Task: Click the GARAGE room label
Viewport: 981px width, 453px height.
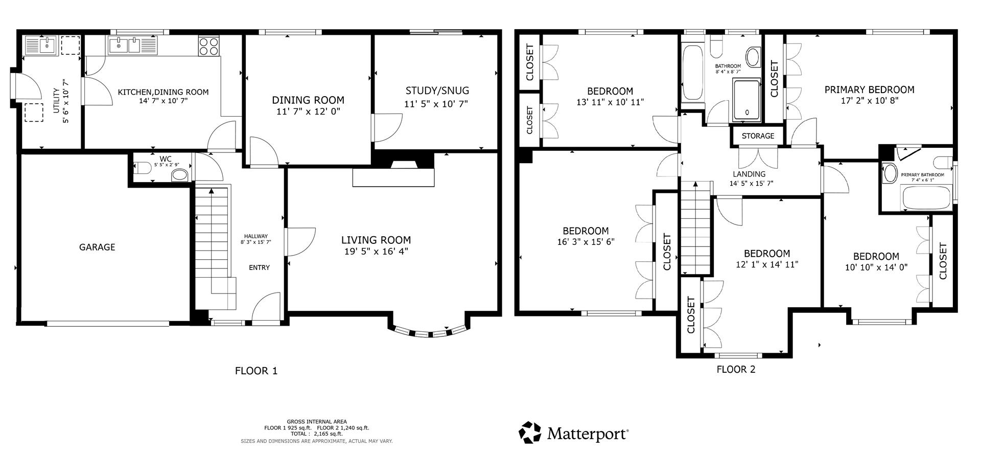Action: (97, 247)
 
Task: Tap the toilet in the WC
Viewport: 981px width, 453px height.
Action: (143, 167)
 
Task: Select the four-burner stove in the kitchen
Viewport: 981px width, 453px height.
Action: (208, 46)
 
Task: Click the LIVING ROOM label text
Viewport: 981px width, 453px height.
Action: (376, 240)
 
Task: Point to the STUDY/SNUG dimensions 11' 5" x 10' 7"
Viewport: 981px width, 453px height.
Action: (436, 104)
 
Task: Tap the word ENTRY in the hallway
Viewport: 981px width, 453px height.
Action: (259, 267)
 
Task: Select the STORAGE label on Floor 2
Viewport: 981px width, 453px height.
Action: (758, 136)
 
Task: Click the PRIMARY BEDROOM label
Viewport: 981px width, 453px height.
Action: (869, 89)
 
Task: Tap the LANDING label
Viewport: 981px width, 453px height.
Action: (749, 174)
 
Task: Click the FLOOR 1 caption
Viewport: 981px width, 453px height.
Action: (256, 371)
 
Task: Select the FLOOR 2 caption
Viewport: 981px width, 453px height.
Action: (736, 369)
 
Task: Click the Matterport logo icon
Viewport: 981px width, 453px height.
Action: (530, 433)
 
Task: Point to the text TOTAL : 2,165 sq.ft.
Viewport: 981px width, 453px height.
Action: (316, 434)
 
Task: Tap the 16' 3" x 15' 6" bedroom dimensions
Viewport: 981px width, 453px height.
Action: (586, 241)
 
